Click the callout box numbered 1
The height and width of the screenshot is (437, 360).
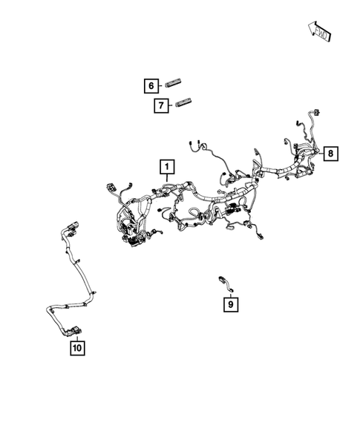coord(166,166)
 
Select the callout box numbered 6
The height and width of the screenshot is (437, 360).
coord(151,85)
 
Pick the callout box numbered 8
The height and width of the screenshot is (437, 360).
coord(331,154)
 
